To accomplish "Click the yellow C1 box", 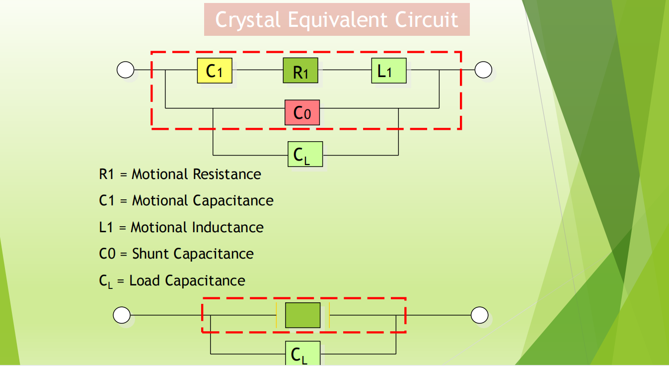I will tap(215, 71).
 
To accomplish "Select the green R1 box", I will tap(301, 71).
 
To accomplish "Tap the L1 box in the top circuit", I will tap(388, 71).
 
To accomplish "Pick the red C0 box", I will tap(302, 112).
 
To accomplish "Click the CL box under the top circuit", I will tap(305, 154).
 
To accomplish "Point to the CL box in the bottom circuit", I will tap(302, 354).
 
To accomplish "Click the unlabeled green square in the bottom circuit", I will tap(302, 315).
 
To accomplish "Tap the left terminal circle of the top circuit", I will tap(125, 70).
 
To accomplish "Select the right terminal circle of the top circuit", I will tap(483, 70).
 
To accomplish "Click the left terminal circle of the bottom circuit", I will tap(122, 315).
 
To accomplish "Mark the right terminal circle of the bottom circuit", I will tap(479, 315).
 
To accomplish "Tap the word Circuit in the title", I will tap(427, 20).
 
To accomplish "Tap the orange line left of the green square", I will tap(276, 315).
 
